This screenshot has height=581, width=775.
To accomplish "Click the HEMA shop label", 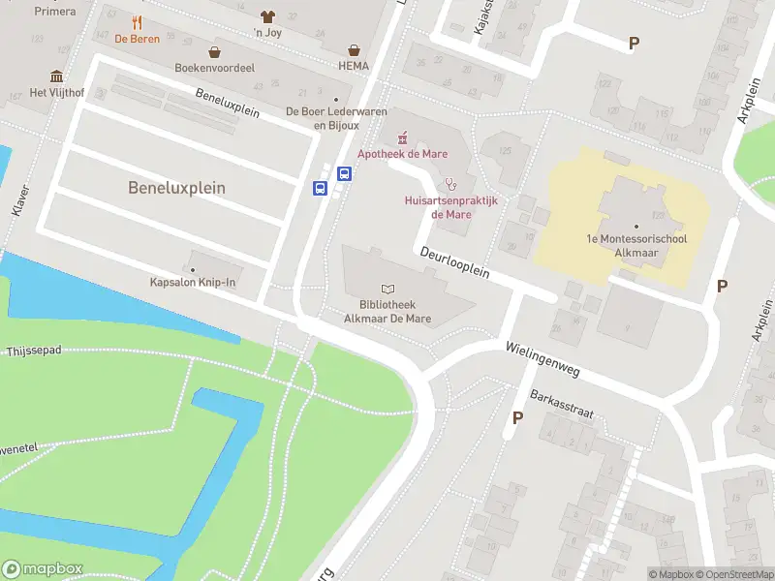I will point(355,67).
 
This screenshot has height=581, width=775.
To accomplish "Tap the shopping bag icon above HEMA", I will point(356,49).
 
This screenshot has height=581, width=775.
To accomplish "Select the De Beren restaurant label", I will point(137,39).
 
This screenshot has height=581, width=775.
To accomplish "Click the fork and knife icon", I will point(137,22).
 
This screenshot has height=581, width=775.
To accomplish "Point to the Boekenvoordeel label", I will point(213,68).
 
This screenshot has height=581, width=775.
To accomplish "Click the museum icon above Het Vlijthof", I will point(56,76).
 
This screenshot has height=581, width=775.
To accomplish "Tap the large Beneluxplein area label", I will point(176,188).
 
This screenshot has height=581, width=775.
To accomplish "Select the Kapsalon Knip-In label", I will point(193,282).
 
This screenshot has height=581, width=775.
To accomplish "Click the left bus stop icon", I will point(320,189).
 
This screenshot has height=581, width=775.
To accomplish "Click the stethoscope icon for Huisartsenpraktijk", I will point(449,184).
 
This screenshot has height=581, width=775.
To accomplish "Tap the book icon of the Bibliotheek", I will point(388,289).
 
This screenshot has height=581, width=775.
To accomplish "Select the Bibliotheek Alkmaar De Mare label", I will point(388,311).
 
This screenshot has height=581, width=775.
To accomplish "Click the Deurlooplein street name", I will point(454,262).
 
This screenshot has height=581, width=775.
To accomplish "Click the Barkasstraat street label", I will point(562,404).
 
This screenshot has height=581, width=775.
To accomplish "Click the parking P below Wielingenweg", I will point(517,417).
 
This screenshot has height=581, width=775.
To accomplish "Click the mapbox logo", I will point(43,568).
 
